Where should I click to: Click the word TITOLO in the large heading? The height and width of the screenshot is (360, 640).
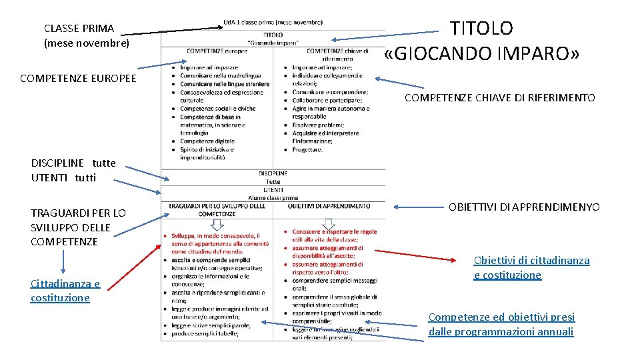[x=481, y=28]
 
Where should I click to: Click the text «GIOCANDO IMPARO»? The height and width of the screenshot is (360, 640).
[x=482, y=53]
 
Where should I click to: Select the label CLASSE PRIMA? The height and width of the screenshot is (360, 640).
[x=79, y=28]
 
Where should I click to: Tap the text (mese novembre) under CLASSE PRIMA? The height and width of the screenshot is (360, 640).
[x=86, y=43]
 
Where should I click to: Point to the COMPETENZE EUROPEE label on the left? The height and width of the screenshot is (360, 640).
[x=78, y=78]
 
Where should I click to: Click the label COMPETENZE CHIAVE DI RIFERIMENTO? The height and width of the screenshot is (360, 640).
[x=499, y=98]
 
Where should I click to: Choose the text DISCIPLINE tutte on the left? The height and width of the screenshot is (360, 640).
[x=73, y=163]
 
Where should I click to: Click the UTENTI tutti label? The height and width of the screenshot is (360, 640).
[x=63, y=177]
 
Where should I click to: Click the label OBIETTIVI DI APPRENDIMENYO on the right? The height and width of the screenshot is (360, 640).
[x=524, y=207]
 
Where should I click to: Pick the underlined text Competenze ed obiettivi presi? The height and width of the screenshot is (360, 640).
[x=501, y=317]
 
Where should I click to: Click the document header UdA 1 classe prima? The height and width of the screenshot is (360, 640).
[x=273, y=23]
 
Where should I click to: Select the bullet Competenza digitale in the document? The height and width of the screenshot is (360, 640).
[x=207, y=141]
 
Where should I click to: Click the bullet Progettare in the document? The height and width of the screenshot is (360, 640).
[x=307, y=149]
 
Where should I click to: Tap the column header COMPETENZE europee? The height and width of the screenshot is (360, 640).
[x=217, y=51]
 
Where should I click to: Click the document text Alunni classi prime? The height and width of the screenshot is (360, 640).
[x=273, y=198]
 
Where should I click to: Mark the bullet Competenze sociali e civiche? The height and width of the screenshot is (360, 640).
[x=217, y=109]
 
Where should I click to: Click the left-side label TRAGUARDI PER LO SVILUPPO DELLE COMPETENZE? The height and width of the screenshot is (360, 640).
[x=78, y=227]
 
